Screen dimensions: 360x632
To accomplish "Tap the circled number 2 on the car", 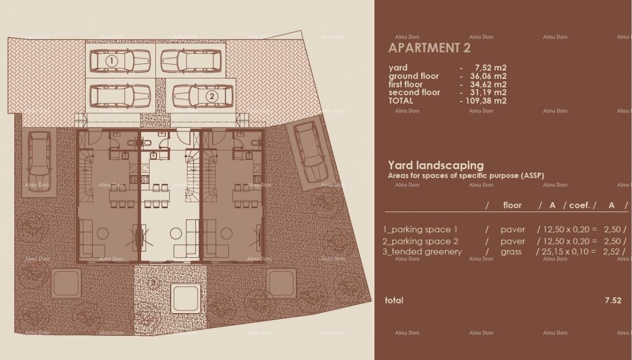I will (211, 96).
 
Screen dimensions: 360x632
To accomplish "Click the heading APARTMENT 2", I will (429, 48).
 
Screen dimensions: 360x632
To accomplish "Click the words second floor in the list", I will (414, 93).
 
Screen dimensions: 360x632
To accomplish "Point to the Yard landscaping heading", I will (436, 165).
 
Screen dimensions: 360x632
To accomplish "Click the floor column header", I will (512, 205).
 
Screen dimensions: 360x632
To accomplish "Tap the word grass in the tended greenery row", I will (511, 252).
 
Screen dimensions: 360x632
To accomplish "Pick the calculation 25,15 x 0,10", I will (562, 252).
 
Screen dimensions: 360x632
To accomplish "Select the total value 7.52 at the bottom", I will (614, 301).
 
